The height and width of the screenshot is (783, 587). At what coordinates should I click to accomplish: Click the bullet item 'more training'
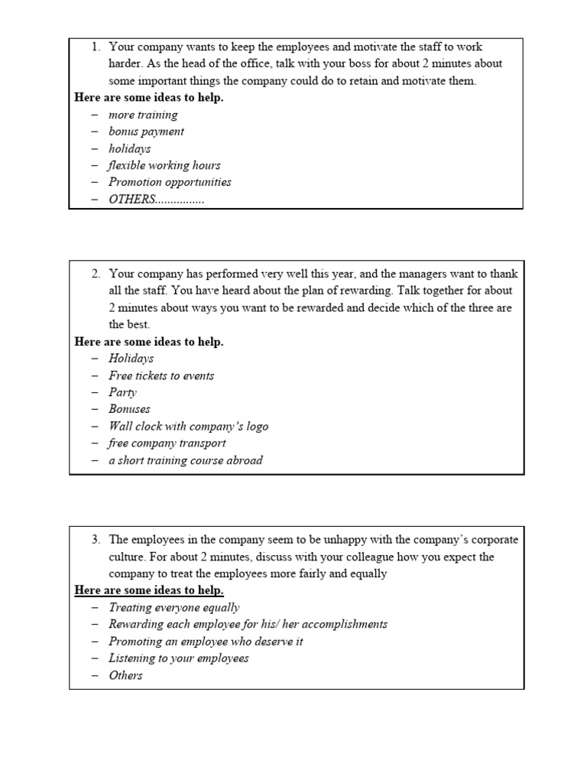[143, 115]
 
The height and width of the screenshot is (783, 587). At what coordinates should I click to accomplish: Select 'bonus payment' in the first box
[146, 132]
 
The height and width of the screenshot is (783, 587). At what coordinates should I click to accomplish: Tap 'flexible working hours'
[164, 165]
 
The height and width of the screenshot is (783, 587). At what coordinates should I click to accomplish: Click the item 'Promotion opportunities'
[170, 182]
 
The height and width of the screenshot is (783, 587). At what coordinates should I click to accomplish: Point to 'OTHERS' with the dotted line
[156, 199]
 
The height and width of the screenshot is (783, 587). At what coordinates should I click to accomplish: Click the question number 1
[96, 47]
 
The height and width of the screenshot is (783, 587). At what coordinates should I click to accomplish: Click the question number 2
[96, 274]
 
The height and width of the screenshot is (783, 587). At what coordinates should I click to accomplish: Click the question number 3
[96, 540]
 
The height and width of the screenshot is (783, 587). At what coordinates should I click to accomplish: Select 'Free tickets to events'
[161, 375]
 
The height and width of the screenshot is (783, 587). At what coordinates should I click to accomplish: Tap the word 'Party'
[122, 392]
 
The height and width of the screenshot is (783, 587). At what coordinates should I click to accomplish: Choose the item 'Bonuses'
[129, 409]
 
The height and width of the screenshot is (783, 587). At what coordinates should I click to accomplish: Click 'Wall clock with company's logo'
[188, 426]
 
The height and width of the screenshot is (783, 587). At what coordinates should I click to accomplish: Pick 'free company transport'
[167, 443]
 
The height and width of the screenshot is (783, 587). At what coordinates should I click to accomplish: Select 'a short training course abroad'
[185, 460]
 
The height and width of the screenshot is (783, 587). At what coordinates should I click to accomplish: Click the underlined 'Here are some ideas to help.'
[149, 590]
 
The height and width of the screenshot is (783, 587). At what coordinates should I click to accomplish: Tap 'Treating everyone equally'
[174, 607]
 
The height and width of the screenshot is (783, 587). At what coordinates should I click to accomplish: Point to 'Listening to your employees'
[178, 658]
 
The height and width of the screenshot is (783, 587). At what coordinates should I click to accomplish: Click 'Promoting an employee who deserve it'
[206, 641]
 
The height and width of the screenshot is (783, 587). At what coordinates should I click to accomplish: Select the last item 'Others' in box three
[125, 675]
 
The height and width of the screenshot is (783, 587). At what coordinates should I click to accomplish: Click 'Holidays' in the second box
[131, 358]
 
